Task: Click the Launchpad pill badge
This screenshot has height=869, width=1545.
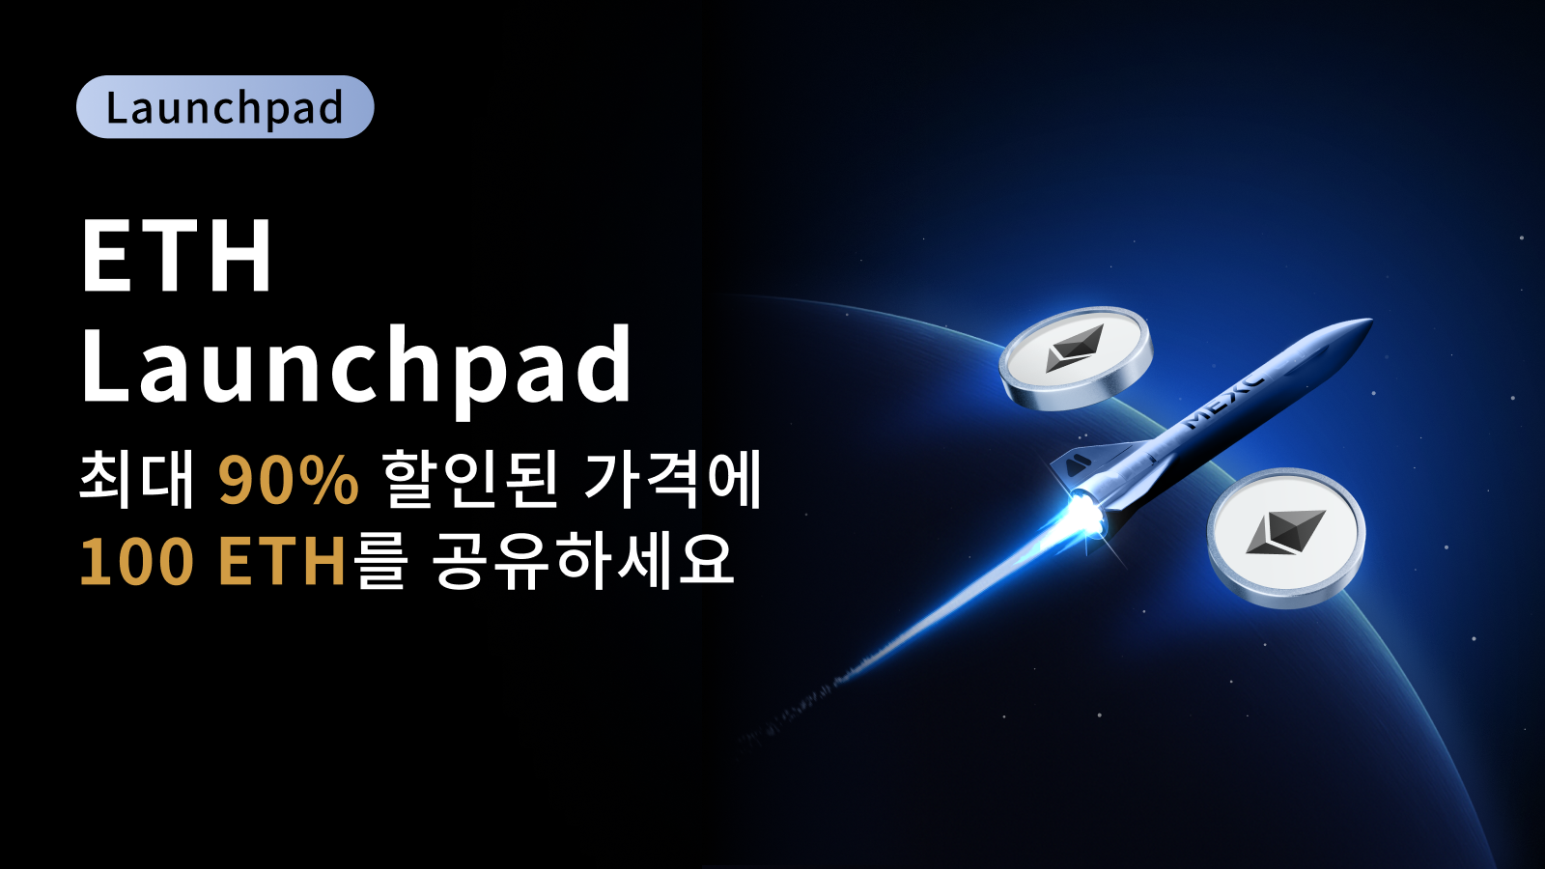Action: click(x=225, y=107)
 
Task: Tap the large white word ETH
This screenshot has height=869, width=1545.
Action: click(x=177, y=256)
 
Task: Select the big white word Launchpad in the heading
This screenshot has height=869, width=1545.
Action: click(x=356, y=367)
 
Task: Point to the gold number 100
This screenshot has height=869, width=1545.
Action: click(x=136, y=561)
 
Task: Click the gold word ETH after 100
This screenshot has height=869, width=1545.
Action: click(x=281, y=561)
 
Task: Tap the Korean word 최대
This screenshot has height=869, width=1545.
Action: click(x=136, y=480)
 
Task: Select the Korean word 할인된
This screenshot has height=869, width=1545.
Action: click(x=470, y=480)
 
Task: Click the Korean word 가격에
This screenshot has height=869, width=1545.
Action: click(x=672, y=480)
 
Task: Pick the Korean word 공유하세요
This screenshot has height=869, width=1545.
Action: click(x=583, y=561)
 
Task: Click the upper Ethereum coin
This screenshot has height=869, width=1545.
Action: click(x=1076, y=358)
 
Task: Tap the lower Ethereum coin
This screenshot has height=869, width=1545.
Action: click(x=1286, y=538)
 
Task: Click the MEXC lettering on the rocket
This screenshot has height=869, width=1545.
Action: click(x=1225, y=402)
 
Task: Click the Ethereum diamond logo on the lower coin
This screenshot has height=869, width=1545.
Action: click(x=1285, y=532)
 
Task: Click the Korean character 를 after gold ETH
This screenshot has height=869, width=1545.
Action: click(x=378, y=561)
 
